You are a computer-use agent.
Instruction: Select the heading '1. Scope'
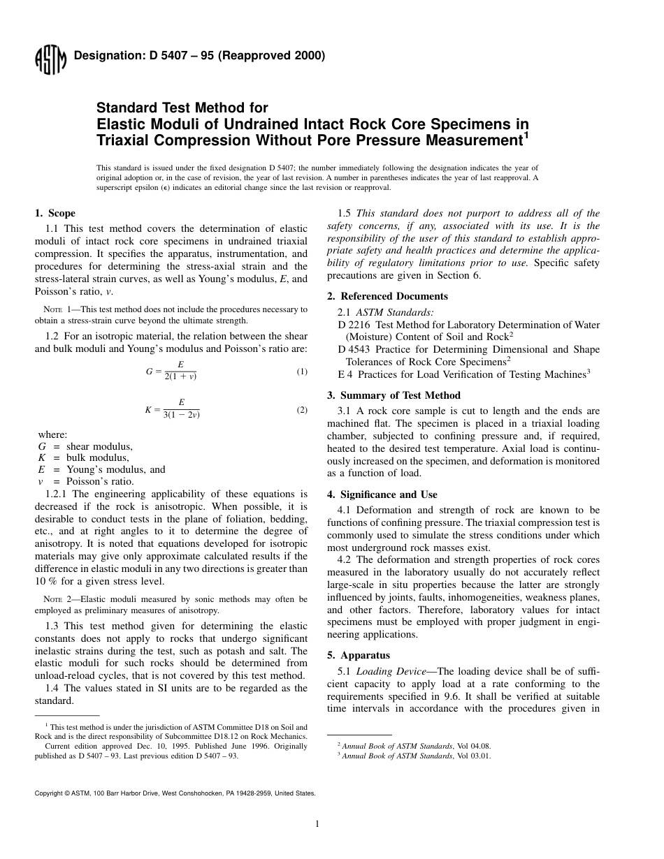[55, 213]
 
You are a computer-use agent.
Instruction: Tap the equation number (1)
[301, 372]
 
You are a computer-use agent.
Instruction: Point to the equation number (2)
[301, 410]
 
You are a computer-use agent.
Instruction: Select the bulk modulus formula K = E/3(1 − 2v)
[172, 409]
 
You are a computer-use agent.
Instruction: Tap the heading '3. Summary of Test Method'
[394, 395]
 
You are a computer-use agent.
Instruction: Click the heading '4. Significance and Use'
[382, 494]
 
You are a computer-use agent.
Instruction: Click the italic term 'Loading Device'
[391, 671]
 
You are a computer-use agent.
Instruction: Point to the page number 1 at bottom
[317, 824]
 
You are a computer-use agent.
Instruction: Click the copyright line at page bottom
[175, 793]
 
